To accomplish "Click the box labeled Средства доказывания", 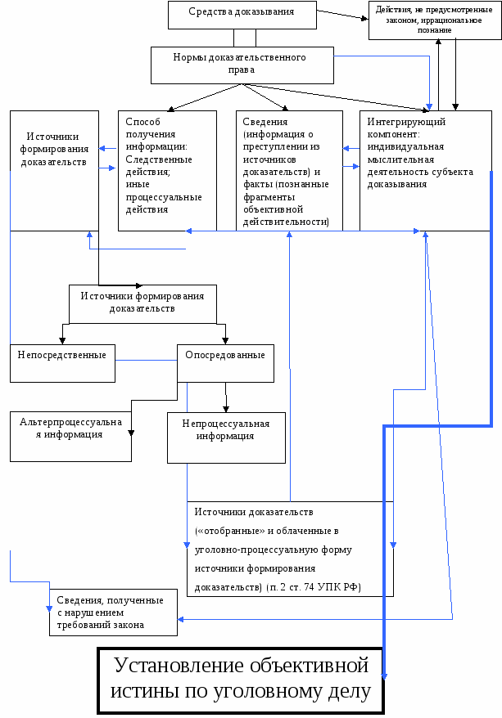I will point(241,13).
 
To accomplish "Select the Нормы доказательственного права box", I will point(241,64).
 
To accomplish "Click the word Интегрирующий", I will point(395,122).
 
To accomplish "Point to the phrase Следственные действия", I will point(159,166).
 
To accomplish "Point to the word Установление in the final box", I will point(181,663).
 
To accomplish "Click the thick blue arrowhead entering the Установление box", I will point(384,673).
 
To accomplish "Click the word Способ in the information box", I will point(141,122).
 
